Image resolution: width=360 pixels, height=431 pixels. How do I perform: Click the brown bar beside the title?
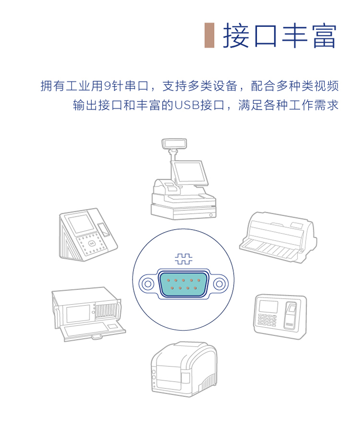coord(209,36)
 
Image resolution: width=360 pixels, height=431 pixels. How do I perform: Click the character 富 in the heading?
coord(324,36)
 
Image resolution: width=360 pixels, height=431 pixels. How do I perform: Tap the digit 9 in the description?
coord(108,86)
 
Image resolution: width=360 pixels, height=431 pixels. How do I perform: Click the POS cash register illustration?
coord(183,179)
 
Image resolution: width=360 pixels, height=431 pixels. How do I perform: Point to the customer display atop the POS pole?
coord(174,144)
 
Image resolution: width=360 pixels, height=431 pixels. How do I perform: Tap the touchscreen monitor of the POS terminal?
coord(189,172)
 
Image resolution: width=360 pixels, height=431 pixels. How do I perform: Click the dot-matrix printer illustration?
coord(278,237)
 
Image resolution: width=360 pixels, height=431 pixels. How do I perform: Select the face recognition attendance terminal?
coord(88,234)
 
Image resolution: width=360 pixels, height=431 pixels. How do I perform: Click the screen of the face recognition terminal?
coord(81,224)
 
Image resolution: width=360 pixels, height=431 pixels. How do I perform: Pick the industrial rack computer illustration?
coord(88,314)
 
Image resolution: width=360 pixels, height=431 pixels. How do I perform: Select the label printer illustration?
coord(184,369)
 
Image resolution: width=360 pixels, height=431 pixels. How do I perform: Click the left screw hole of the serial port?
coord(148,283)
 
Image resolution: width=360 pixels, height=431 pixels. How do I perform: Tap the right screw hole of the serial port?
coord(219,283)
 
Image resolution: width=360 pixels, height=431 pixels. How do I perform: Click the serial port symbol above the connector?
coord(183,259)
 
